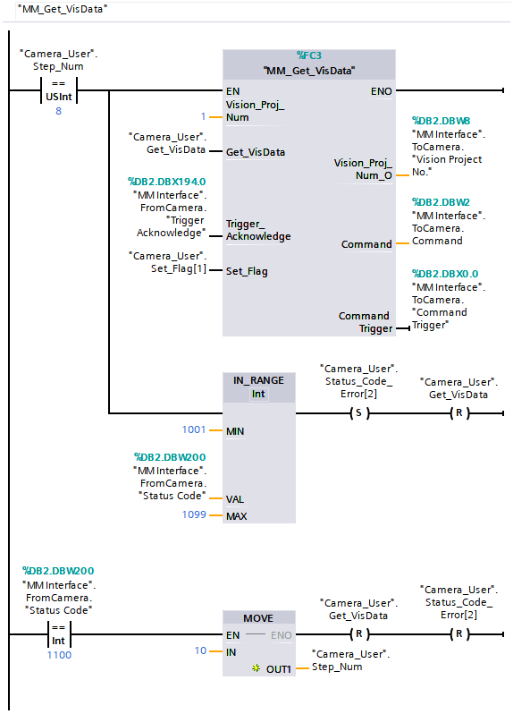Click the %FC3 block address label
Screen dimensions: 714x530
pyautogui.click(x=309, y=55)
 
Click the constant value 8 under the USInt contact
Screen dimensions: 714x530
pyautogui.click(x=59, y=111)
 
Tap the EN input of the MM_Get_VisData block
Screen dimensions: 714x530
pyautogui.click(x=233, y=90)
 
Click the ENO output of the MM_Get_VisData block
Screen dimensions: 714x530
pyautogui.click(x=380, y=90)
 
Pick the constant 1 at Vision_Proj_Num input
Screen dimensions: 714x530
pyautogui.click(x=203, y=117)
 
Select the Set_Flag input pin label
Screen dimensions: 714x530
pyautogui.click(x=246, y=271)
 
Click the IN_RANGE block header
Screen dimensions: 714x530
pyautogui.click(x=258, y=387)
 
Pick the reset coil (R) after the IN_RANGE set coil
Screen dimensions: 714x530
pyautogui.click(x=458, y=413)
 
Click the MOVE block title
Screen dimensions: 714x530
pyautogui.click(x=258, y=618)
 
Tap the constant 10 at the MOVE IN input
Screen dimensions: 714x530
pyautogui.click(x=201, y=651)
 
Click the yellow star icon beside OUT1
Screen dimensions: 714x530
pyautogui.click(x=256, y=668)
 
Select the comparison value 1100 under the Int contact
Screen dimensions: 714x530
pyautogui.click(x=59, y=655)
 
